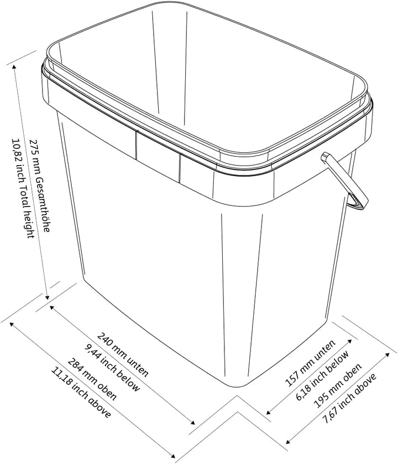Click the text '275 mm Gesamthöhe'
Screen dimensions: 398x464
point(40,185)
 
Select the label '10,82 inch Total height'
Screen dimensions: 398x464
point(23,188)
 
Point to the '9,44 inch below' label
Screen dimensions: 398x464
point(112,368)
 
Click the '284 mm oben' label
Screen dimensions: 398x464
point(92,379)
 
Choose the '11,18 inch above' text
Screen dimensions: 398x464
point(81,393)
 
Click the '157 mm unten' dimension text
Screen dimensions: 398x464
point(310,363)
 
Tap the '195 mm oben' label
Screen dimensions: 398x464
point(337,385)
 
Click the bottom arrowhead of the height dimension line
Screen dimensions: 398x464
point(47,297)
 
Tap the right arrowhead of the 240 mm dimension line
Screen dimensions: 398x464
point(193,423)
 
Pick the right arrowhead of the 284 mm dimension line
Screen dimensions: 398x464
point(172,456)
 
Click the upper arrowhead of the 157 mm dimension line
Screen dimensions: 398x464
point(350,341)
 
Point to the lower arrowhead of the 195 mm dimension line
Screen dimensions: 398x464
point(288,442)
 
